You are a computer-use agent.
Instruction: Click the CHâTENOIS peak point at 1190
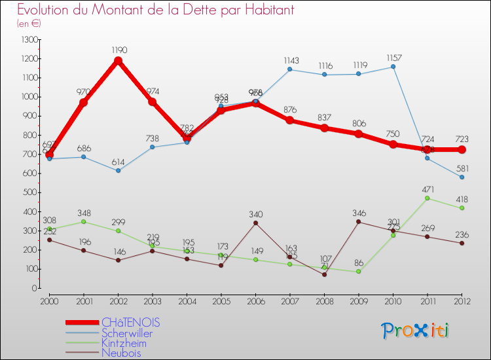coord(118,61)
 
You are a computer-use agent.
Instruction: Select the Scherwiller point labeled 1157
coord(393,67)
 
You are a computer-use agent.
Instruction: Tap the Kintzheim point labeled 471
coord(427,198)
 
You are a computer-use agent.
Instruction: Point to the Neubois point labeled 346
coord(359,222)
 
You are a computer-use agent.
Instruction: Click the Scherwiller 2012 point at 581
coord(462,177)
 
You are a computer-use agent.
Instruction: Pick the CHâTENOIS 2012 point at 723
coord(462,150)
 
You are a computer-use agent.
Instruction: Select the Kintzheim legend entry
coord(124,343)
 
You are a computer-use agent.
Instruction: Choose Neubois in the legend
coord(121,353)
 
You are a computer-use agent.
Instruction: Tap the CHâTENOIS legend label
coord(131,323)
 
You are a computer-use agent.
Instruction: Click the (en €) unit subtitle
coord(29,24)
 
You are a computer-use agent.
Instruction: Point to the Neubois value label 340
coord(255,214)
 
